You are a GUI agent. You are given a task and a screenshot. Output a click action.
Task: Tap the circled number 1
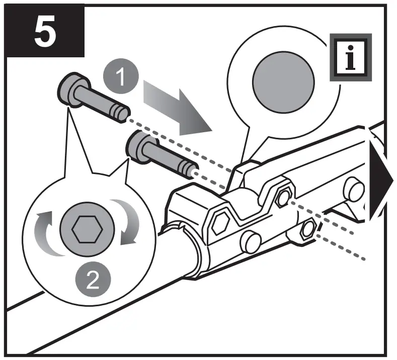pos(119,77)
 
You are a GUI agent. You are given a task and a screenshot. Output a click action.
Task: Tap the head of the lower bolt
pos(140,146)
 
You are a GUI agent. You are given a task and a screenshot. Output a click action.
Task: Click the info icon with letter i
pos(349,57)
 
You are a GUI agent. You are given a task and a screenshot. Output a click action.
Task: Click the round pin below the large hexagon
pos(250,242)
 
